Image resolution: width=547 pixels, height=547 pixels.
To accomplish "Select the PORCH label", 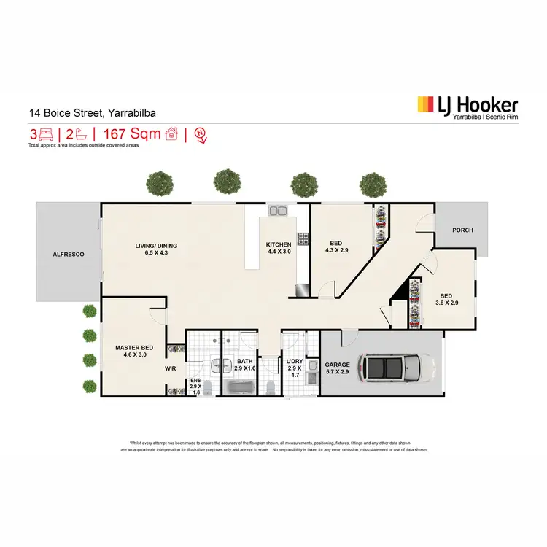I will (x=462, y=230).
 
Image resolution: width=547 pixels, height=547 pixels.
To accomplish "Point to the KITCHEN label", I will (x=278, y=244).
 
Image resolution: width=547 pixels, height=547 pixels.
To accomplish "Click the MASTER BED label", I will (x=133, y=347).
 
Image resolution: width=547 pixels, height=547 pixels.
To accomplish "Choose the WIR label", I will (x=171, y=369).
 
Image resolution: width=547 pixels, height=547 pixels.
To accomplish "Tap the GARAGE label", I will (x=338, y=364).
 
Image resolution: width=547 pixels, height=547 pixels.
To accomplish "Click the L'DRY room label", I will (x=295, y=362).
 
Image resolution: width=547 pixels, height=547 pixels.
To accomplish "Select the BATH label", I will (x=244, y=362).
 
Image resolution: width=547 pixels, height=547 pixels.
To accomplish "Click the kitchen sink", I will (x=278, y=212).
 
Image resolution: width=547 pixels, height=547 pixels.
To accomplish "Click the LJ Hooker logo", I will (x=467, y=106).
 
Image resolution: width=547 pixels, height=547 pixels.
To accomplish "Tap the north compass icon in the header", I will (x=200, y=134).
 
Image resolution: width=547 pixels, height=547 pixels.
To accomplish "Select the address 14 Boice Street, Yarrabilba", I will (x=92, y=112).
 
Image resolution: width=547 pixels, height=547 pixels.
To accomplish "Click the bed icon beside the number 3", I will (x=46, y=134).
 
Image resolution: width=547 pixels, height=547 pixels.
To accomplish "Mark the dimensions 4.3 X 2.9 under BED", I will (x=338, y=250).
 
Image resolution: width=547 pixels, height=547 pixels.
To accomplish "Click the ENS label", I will (x=195, y=381).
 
